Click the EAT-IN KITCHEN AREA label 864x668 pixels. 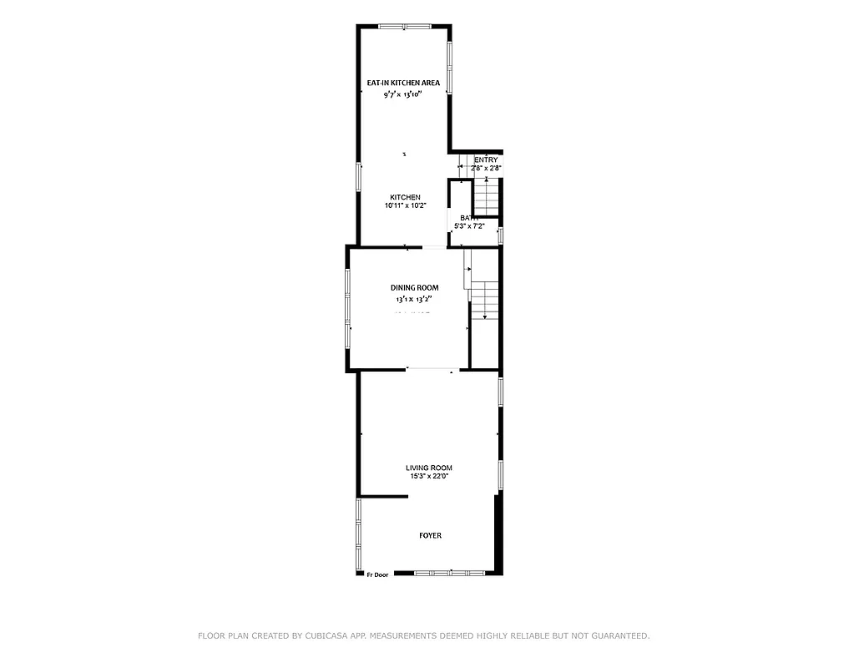[403, 83]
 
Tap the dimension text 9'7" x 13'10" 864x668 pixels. [403, 94]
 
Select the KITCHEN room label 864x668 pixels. [405, 197]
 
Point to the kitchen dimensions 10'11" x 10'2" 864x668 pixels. [405, 205]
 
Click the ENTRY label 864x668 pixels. [486, 159]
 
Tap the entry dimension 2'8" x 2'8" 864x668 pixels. [486, 169]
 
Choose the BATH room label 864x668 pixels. [469, 217]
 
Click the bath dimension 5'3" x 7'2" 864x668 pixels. [469, 226]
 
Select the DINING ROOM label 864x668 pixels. [414, 287]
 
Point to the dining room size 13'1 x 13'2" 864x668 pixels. [414, 298]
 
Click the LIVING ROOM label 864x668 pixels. [429, 468]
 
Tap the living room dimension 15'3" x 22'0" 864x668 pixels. [429, 477]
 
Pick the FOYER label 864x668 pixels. [430, 535]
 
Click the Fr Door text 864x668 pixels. [377, 574]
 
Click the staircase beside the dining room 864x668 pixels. [485, 299]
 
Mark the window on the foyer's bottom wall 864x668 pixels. [450, 573]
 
